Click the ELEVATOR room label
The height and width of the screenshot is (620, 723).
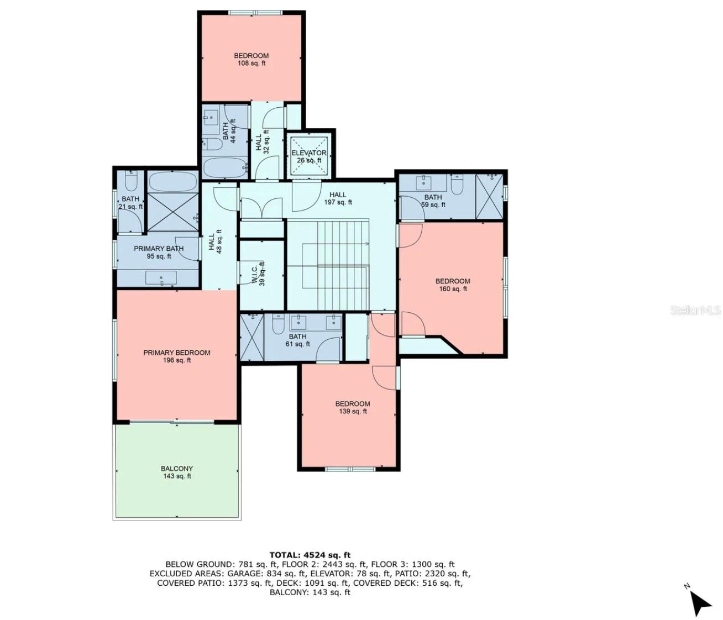pyautogui.click(x=309, y=153)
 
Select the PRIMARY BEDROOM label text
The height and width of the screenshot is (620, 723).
pyautogui.click(x=177, y=353)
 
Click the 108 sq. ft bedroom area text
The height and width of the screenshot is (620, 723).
pyautogui.click(x=252, y=64)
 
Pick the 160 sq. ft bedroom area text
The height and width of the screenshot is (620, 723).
pyautogui.click(x=453, y=289)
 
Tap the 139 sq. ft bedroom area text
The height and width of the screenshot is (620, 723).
pyautogui.click(x=353, y=411)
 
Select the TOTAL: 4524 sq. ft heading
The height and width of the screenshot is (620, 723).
pyautogui.click(x=310, y=555)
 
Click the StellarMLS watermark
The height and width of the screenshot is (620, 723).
pyautogui.click(x=696, y=310)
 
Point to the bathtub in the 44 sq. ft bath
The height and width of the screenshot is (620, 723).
pyautogui.click(x=225, y=168)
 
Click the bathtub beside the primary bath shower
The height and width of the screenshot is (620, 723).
pyautogui.click(x=172, y=181)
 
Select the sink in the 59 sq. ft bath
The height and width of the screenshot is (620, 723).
pyautogui.click(x=425, y=181)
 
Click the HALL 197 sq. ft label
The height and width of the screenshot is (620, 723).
pyautogui.click(x=338, y=198)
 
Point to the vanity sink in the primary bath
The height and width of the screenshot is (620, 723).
pyautogui.click(x=161, y=278)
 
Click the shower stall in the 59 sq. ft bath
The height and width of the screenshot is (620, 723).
pyautogui.click(x=489, y=196)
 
